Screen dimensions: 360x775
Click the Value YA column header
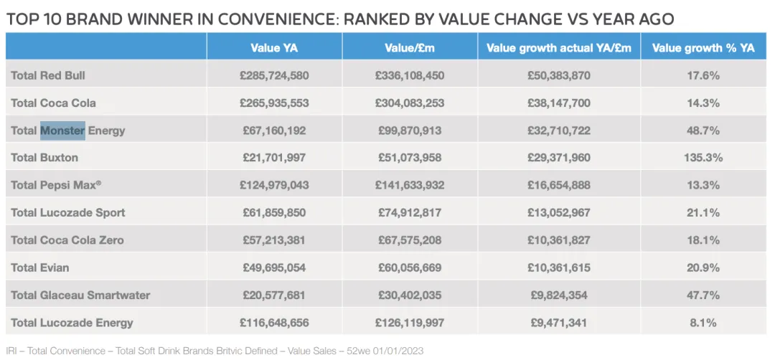tap(274, 48)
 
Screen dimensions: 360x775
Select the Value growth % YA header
tap(703, 48)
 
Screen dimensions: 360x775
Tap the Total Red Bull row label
tap(49, 75)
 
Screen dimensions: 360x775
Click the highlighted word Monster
tap(62, 131)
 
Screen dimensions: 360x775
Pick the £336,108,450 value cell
tap(409, 75)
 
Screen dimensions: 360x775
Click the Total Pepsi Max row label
tap(56, 185)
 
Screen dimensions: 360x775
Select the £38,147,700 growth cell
tap(559, 103)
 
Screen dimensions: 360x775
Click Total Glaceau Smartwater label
tap(80, 295)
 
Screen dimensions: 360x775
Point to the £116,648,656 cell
tap(274, 323)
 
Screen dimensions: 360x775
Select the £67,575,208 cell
tap(409, 240)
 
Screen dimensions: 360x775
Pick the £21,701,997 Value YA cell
tap(274, 157)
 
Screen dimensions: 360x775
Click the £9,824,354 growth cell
tap(559, 295)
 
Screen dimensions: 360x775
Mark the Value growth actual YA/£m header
tap(559, 48)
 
